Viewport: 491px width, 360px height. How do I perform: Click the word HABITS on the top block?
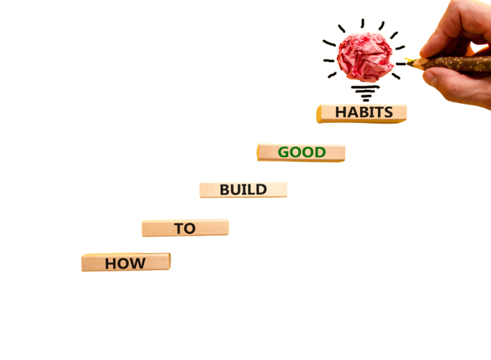click(363, 112)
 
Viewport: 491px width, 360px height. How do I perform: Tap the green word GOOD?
click(302, 152)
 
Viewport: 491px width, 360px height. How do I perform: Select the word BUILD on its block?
click(243, 189)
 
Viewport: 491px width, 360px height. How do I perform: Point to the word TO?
click(184, 229)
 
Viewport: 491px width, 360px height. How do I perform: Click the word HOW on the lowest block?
click(126, 264)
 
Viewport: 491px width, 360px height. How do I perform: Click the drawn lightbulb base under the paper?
click(365, 91)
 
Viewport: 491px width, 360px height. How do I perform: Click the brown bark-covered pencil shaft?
click(456, 64)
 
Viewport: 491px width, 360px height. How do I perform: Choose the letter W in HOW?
click(138, 264)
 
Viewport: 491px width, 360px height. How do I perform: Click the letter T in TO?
click(179, 229)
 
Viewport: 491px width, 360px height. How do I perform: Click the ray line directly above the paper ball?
click(363, 23)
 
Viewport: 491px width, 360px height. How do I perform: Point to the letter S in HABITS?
click(388, 112)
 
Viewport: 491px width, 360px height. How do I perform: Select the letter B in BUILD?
click(225, 189)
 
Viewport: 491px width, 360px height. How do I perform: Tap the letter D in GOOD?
click(320, 152)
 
